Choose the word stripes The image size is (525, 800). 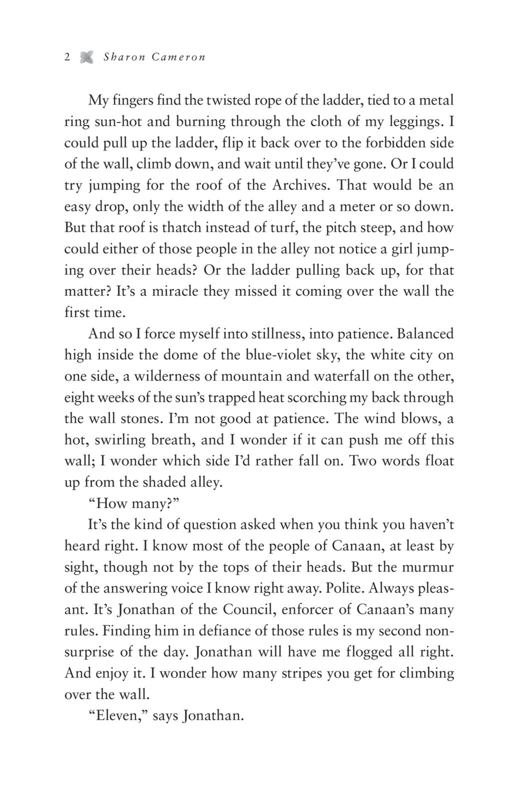tap(297, 674)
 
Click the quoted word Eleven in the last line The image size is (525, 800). tap(118, 716)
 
